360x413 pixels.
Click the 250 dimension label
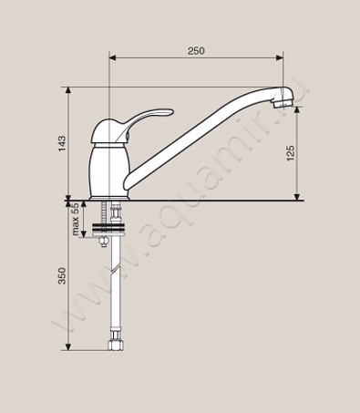(x=196, y=51)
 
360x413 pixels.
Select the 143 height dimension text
(x=62, y=144)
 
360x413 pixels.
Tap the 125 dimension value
(x=291, y=153)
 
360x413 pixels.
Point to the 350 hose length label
(x=62, y=275)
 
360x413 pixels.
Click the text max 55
(x=76, y=220)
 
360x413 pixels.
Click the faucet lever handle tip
(x=171, y=111)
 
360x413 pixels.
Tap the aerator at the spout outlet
(x=283, y=103)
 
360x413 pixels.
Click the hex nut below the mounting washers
(x=104, y=242)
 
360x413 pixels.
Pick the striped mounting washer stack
(x=108, y=228)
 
